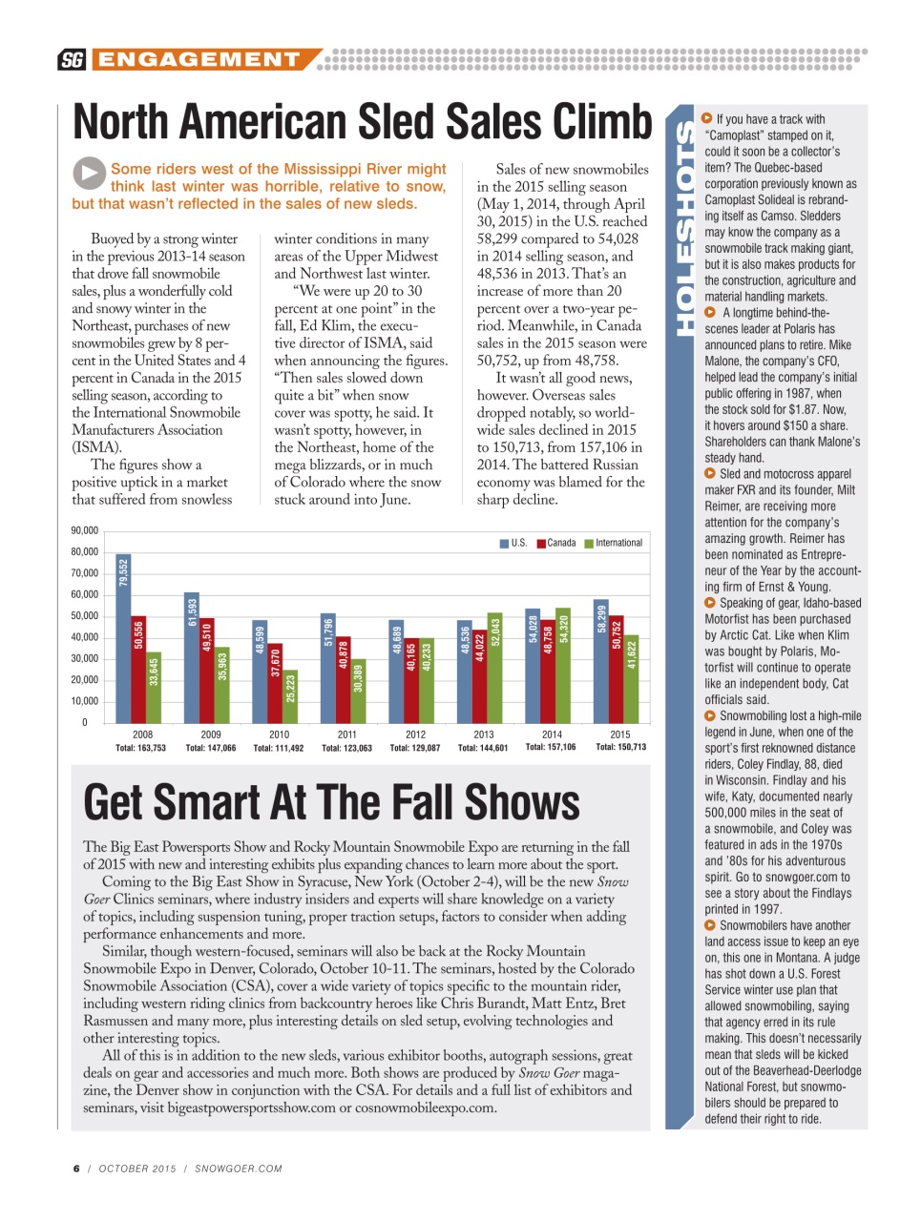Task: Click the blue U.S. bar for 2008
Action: pyautogui.click(x=123, y=638)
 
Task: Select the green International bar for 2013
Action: pyautogui.click(x=494, y=668)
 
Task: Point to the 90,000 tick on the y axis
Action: pyautogui.click(x=85, y=530)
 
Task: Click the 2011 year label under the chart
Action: pyautogui.click(x=347, y=735)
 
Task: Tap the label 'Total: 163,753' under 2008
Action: pyautogui.click(x=141, y=748)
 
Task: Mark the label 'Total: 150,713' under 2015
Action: pyautogui.click(x=620, y=747)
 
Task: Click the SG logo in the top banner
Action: pyautogui.click(x=72, y=60)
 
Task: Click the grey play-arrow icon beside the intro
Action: pyautogui.click(x=89, y=174)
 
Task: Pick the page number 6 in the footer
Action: pyautogui.click(x=76, y=1169)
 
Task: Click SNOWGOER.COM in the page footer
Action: pyautogui.click(x=239, y=1169)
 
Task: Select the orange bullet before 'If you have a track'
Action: pyautogui.click(x=707, y=118)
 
